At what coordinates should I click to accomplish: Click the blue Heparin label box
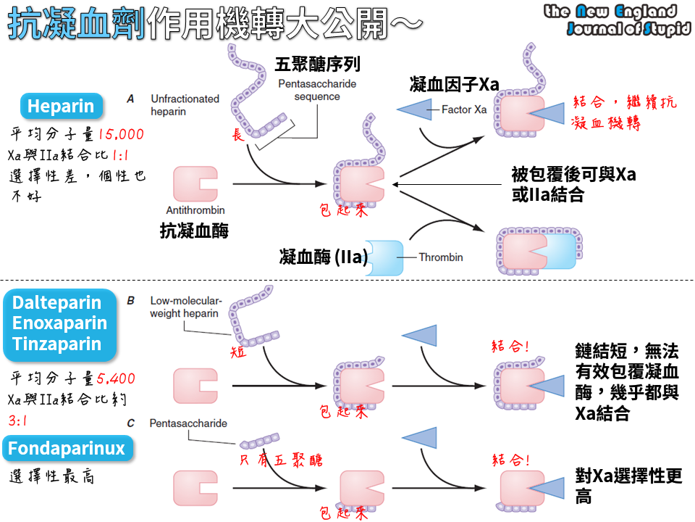tap(61, 107)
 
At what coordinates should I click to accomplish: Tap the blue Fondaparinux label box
tap(67, 449)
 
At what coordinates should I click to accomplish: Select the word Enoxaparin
tap(59, 323)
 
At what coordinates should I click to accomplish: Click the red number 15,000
tap(121, 134)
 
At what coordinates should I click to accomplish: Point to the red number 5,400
tap(116, 378)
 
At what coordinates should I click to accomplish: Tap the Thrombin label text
tap(440, 257)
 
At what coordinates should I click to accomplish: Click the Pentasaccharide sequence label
tap(317, 91)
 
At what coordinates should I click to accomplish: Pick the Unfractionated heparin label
tap(185, 105)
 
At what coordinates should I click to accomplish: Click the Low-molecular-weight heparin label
tap(187, 307)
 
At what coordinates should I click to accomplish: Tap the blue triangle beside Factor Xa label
tap(415, 110)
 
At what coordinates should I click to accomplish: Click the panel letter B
tap(130, 299)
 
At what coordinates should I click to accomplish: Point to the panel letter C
tap(130, 423)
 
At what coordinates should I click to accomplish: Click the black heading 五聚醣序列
tap(317, 65)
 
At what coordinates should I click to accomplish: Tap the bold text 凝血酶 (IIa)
tap(323, 257)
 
